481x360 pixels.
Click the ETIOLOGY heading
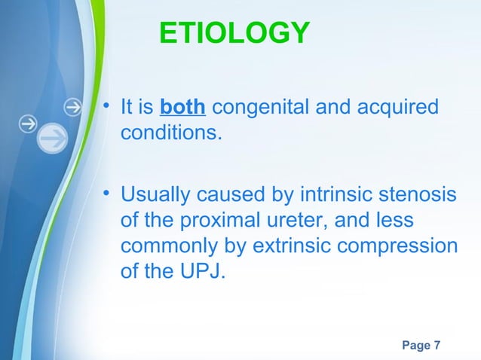click(234, 33)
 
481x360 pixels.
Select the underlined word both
click(182, 108)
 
